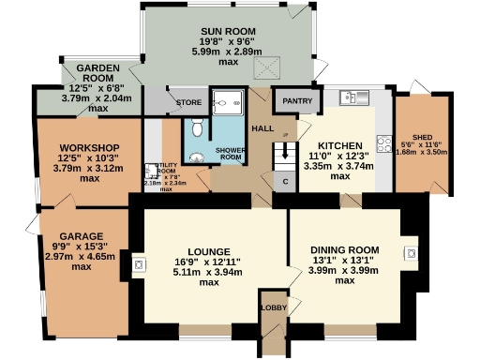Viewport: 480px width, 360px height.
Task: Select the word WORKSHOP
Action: coord(87,148)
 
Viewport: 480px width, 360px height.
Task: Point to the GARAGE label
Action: coord(81,236)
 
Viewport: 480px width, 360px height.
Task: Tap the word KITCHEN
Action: coord(339,145)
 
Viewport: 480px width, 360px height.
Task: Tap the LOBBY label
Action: coord(273,307)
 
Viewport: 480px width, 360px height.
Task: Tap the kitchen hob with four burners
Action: coord(383,142)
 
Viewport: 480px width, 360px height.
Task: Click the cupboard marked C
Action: coord(286,181)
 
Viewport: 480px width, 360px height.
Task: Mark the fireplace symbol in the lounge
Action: coord(139,265)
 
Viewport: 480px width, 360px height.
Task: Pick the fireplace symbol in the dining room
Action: coord(410,252)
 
